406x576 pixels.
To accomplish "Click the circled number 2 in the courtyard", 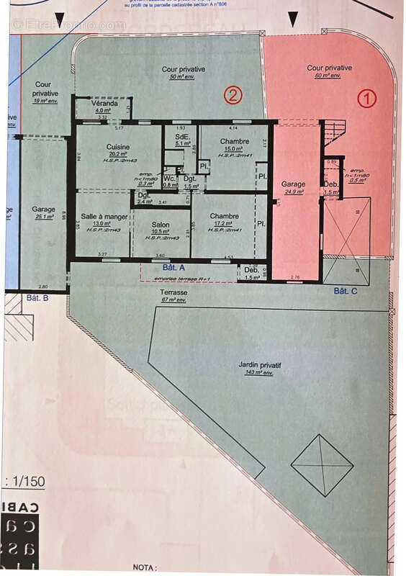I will click(x=233, y=95).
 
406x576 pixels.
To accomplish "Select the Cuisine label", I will click(x=117, y=147).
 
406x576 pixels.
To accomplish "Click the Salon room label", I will click(x=161, y=225).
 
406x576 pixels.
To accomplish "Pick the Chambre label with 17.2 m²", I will click(x=225, y=216).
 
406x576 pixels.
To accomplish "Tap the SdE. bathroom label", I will click(x=181, y=136).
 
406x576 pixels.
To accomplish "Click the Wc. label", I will click(x=170, y=178).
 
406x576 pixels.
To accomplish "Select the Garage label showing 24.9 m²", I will click(x=293, y=184).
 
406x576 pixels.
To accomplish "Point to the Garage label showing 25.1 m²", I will click(x=43, y=210).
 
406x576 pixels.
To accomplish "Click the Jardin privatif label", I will click(x=260, y=366).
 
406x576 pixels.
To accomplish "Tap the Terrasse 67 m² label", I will click(x=173, y=293).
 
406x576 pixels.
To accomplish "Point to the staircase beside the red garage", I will click(x=333, y=132).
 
